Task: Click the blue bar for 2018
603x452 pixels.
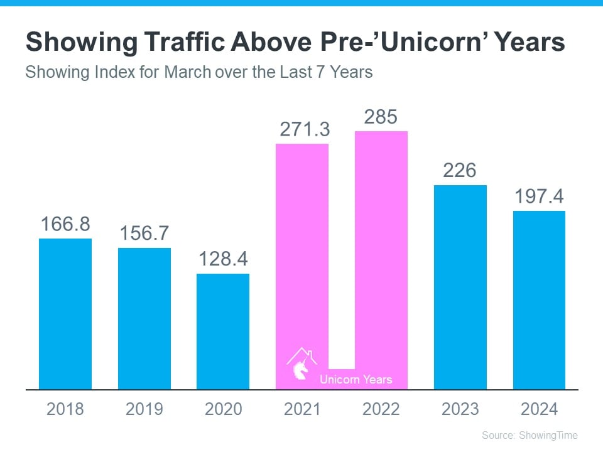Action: coord(65,314)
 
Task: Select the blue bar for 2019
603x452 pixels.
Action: coord(144,318)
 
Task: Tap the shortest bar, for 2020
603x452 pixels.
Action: coord(223,331)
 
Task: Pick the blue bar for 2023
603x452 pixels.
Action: coord(460,287)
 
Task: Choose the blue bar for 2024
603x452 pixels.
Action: coord(539,300)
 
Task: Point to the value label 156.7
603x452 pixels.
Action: coord(144,234)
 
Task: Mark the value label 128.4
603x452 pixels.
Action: coord(223,259)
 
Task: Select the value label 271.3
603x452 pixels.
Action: coord(302,130)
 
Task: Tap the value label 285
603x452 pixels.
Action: coord(381,117)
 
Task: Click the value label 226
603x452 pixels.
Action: coord(460,171)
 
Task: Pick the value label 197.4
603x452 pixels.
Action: coord(539,196)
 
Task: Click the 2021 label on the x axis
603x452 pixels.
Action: coord(302,409)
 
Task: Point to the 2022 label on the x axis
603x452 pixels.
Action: coord(381,409)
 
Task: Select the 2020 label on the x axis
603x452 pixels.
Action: coord(223,409)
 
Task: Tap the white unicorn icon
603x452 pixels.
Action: coord(300,367)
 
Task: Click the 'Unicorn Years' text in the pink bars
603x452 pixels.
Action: coord(356,379)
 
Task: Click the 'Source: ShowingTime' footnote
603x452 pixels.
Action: coord(530,435)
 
